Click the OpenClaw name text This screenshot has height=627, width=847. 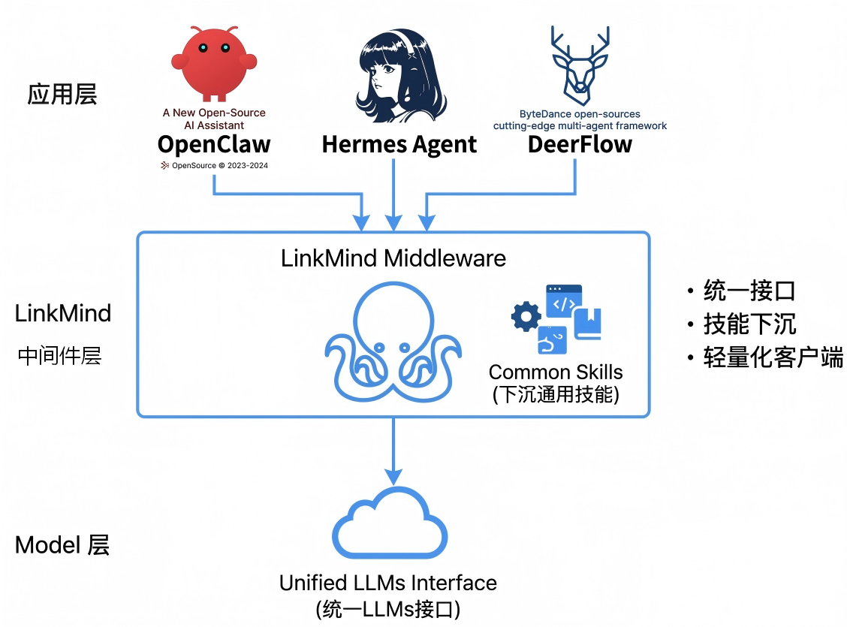214,144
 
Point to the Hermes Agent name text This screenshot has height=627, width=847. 399,144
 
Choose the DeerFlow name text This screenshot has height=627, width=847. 580,144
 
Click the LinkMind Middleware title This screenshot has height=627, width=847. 393,258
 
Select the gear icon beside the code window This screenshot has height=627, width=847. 526,317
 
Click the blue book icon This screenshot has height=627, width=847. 587,324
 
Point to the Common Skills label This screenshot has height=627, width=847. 556,372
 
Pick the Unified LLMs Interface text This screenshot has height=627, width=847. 388,583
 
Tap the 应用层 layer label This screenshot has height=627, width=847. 62,95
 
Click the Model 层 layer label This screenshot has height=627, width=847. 62,545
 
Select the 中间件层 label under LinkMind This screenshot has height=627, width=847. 59,356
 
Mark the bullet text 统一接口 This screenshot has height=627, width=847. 749,291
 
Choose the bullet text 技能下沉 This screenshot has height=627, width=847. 749,324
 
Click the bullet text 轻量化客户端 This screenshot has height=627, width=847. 773,357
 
